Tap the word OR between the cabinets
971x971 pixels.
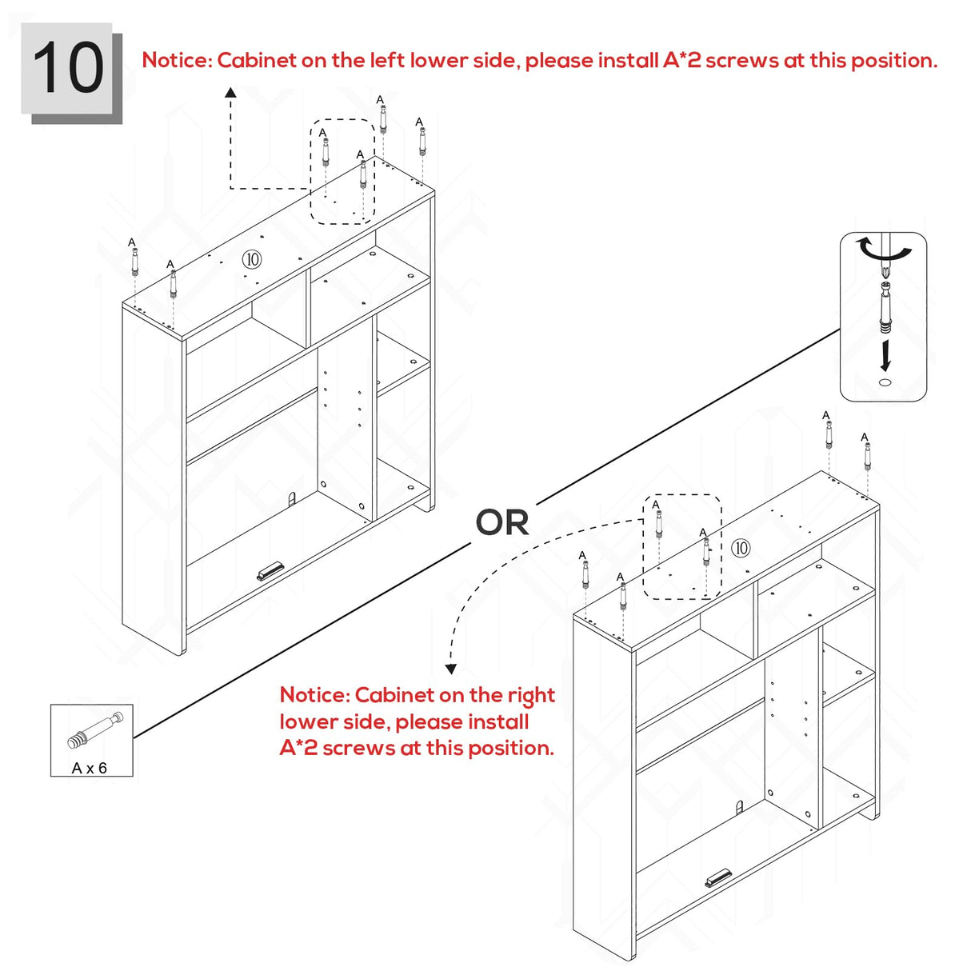[501, 522]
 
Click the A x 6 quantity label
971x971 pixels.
[90, 768]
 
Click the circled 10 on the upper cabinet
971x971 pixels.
[252, 259]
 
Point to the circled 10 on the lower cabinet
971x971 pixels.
[740, 548]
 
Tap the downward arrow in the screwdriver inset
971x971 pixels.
[885, 356]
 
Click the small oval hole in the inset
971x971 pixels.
[885, 382]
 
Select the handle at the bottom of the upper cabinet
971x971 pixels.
[270, 571]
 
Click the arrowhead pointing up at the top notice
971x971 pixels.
[230, 92]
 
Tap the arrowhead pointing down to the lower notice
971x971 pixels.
[451, 669]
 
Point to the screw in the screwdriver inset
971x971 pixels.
[885, 308]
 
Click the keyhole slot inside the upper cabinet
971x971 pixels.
[292, 499]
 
